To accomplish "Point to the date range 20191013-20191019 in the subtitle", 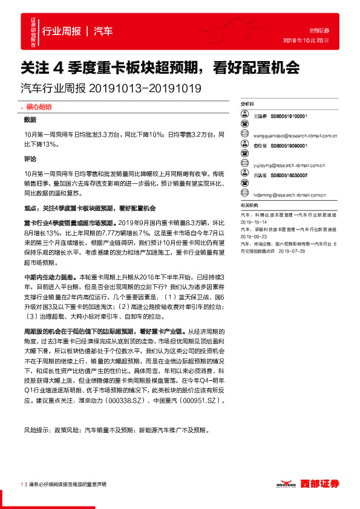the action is point(145,88).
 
